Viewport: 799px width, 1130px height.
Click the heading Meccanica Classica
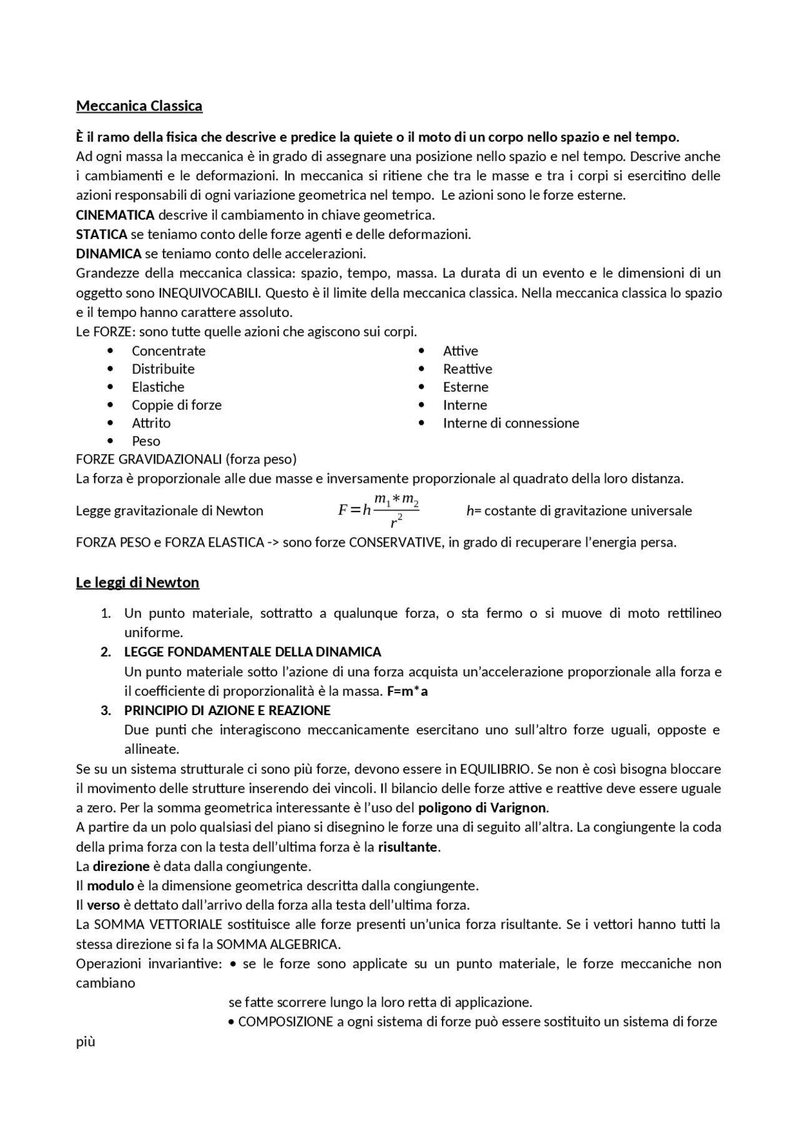tap(139, 106)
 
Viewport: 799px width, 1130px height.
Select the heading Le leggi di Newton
tap(137, 583)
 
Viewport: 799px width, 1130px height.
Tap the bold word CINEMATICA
tap(115, 215)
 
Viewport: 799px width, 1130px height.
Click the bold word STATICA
tap(101, 235)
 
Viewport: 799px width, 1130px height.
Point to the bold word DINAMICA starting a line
tap(109, 254)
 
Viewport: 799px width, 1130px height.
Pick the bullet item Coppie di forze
tap(177, 405)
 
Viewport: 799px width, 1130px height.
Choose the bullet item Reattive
tap(468, 369)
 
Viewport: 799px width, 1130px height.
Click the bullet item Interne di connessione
tap(511, 423)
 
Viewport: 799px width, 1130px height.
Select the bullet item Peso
tap(146, 441)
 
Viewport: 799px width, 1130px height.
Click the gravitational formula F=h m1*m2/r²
tap(378, 510)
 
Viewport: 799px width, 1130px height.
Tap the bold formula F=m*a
tap(407, 691)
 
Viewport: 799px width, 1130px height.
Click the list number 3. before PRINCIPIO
tap(106, 711)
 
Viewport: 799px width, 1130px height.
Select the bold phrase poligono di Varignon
tap(483, 808)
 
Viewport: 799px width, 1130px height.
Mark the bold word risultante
tap(408, 847)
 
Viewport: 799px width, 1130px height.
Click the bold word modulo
tap(110, 886)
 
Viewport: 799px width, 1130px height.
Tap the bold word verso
tap(103, 905)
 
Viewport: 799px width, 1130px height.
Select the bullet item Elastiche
tap(158, 387)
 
